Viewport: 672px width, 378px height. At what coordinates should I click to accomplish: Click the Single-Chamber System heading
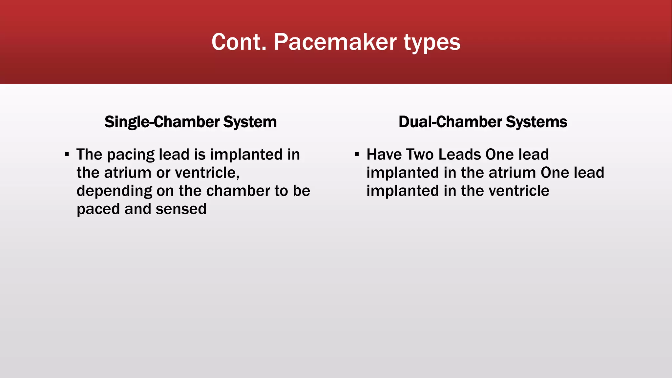click(x=190, y=122)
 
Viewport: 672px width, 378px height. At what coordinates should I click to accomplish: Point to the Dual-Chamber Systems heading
click(x=483, y=122)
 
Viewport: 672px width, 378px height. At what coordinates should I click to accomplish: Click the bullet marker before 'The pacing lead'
click(x=67, y=154)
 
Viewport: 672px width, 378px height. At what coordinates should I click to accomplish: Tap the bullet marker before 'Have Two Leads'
click(x=357, y=154)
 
